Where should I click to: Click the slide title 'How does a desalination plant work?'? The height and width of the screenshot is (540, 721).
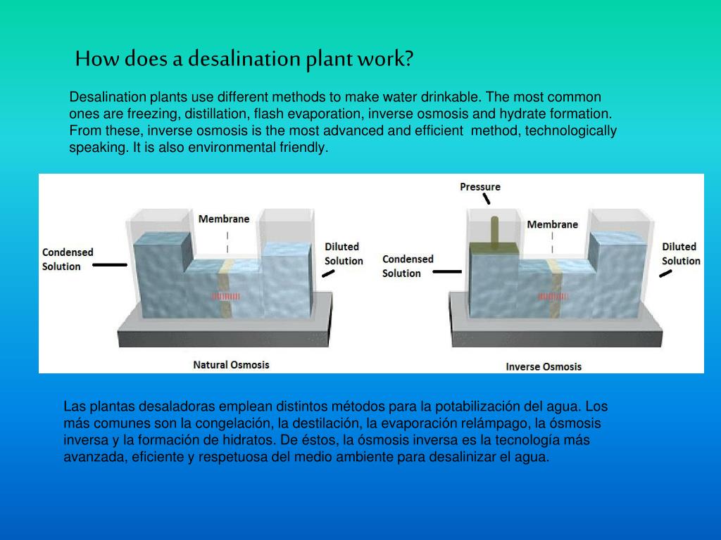click(x=244, y=58)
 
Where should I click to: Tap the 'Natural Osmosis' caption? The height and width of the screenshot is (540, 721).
click(x=231, y=365)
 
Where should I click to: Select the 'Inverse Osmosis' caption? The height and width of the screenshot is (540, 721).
click(x=544, y=366)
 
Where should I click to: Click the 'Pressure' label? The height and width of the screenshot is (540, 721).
click(x=480, y=186)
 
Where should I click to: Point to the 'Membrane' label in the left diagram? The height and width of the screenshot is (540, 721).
click(x=224, y=219)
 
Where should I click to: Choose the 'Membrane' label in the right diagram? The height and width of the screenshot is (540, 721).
click(x=553, y=224)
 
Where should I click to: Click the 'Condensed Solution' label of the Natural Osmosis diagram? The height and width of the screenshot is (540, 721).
click(x=68, y=259)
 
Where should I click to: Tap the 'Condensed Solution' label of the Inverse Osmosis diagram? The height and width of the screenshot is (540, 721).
click(x=408, y=266)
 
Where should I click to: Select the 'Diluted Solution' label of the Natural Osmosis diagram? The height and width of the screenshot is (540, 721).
click(x=344, y=254)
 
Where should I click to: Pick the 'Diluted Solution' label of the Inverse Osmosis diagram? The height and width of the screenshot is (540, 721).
click(x=681, y=254)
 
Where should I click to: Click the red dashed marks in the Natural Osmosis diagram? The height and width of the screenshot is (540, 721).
click(x=226, y=297)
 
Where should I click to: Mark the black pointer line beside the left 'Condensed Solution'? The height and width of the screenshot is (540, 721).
click(x=110, y=265)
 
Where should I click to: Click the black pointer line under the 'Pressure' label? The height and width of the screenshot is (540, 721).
click(x=486, y=199)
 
